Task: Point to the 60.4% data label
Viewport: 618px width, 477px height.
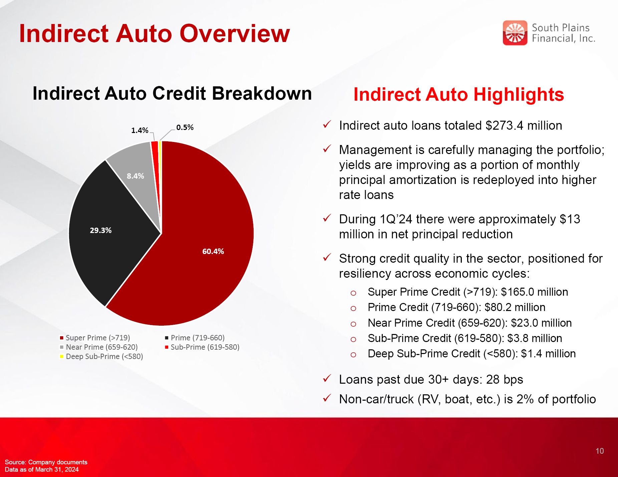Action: (x=213, y=251)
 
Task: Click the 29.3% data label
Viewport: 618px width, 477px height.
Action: (x=100, y=230)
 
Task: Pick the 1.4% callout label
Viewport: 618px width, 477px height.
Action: (x=139, y=130)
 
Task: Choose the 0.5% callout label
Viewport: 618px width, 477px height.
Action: (x=185, y=127)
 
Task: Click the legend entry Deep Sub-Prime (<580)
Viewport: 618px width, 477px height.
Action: (x=101, y=356)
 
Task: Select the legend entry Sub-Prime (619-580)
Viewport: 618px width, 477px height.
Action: (x=202, y=347)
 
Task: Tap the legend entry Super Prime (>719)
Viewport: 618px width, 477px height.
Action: (x=95, y=338)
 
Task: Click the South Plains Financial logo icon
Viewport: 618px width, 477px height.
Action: (x=515, y=33)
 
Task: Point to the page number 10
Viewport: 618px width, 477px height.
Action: (x=600, y=451)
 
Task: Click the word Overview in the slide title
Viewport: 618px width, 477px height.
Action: (x=235, y=34)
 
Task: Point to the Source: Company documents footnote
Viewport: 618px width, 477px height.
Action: (x=46, y=462)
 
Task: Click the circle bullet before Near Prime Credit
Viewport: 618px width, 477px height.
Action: (x=353, y=324)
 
